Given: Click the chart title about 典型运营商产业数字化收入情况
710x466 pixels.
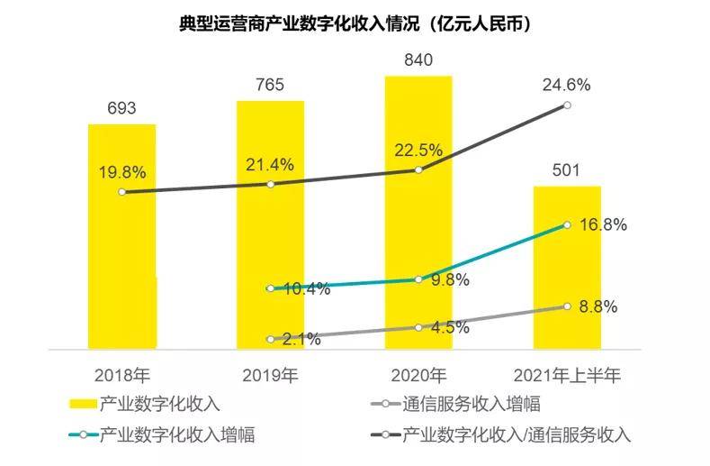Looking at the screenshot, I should point(355,24).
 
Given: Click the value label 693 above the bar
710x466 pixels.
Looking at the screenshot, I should point(121,108).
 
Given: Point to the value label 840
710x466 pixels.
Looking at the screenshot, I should point(418,60).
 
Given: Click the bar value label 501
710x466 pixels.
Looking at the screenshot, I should point(567,170).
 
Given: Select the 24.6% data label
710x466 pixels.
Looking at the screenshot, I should point(566,86).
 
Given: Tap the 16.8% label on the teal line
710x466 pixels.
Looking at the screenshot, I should point(602,224).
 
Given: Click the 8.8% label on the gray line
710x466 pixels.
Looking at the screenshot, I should point(598,306).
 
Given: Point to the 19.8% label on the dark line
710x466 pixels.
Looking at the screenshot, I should point(121,171).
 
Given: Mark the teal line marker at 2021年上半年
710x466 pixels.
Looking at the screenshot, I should point(567,224).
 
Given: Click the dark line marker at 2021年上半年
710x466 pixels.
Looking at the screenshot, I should point(567,105).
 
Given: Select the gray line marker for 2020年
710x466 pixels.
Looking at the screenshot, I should point(418,327).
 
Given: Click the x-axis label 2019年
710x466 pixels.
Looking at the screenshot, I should point(270,373).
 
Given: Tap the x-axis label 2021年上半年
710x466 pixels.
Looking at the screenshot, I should point(567,373).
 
